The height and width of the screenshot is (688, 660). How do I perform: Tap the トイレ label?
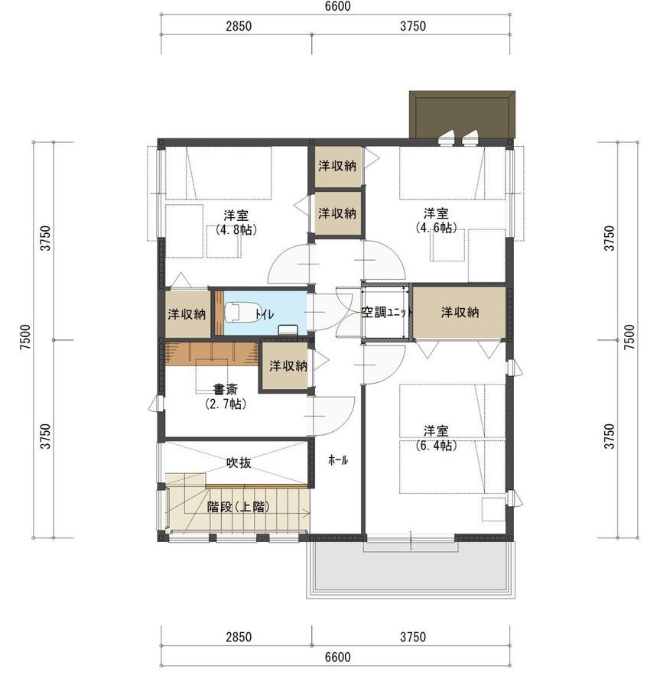265,314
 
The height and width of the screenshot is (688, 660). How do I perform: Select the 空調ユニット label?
387,313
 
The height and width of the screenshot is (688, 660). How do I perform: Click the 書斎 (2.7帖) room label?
226,397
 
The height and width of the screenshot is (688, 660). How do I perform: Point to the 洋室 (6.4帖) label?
436,438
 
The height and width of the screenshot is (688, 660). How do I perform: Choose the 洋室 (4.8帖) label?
236,222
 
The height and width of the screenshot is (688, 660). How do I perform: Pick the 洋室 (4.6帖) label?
436,221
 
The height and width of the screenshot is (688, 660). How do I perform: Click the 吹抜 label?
239,462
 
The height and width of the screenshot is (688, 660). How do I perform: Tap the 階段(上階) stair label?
238,508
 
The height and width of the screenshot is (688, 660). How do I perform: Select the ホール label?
338,460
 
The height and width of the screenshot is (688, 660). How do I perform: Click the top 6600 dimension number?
338,6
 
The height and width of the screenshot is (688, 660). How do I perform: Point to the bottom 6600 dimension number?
338,657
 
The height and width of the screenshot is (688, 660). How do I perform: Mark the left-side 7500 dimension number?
26,337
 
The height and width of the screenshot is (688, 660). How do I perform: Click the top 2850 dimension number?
239,26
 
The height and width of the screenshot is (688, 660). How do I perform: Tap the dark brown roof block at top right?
462,115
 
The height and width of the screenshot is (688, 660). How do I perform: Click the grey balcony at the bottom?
411,569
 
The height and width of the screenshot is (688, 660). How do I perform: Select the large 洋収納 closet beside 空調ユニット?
460,313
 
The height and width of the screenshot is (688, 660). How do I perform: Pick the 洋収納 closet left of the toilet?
187,314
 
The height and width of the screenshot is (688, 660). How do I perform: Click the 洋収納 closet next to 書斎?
288,366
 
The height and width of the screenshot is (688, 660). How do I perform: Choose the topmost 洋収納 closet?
337,166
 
